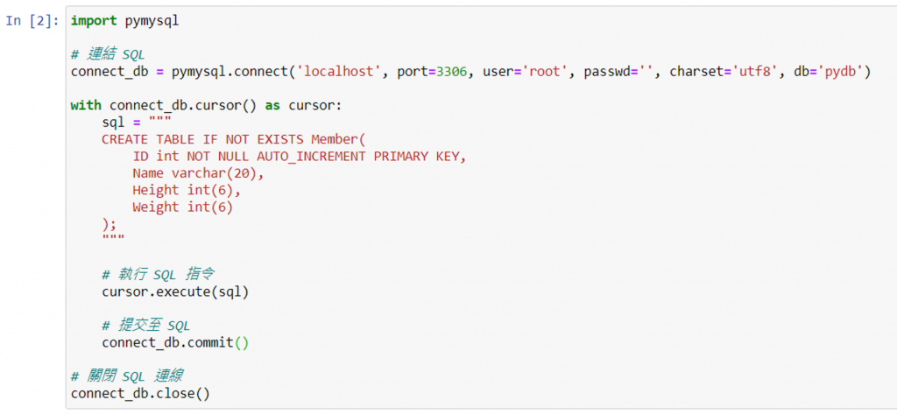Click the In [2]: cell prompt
point(32,20)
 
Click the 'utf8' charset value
point(758,72)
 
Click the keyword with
point(86,105)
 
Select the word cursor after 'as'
point(312,105)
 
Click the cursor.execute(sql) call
point(175,291)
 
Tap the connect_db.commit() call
point(175,342)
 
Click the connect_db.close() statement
point(140,393)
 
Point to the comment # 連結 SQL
point(109,55)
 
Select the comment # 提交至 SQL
point(145,326)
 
